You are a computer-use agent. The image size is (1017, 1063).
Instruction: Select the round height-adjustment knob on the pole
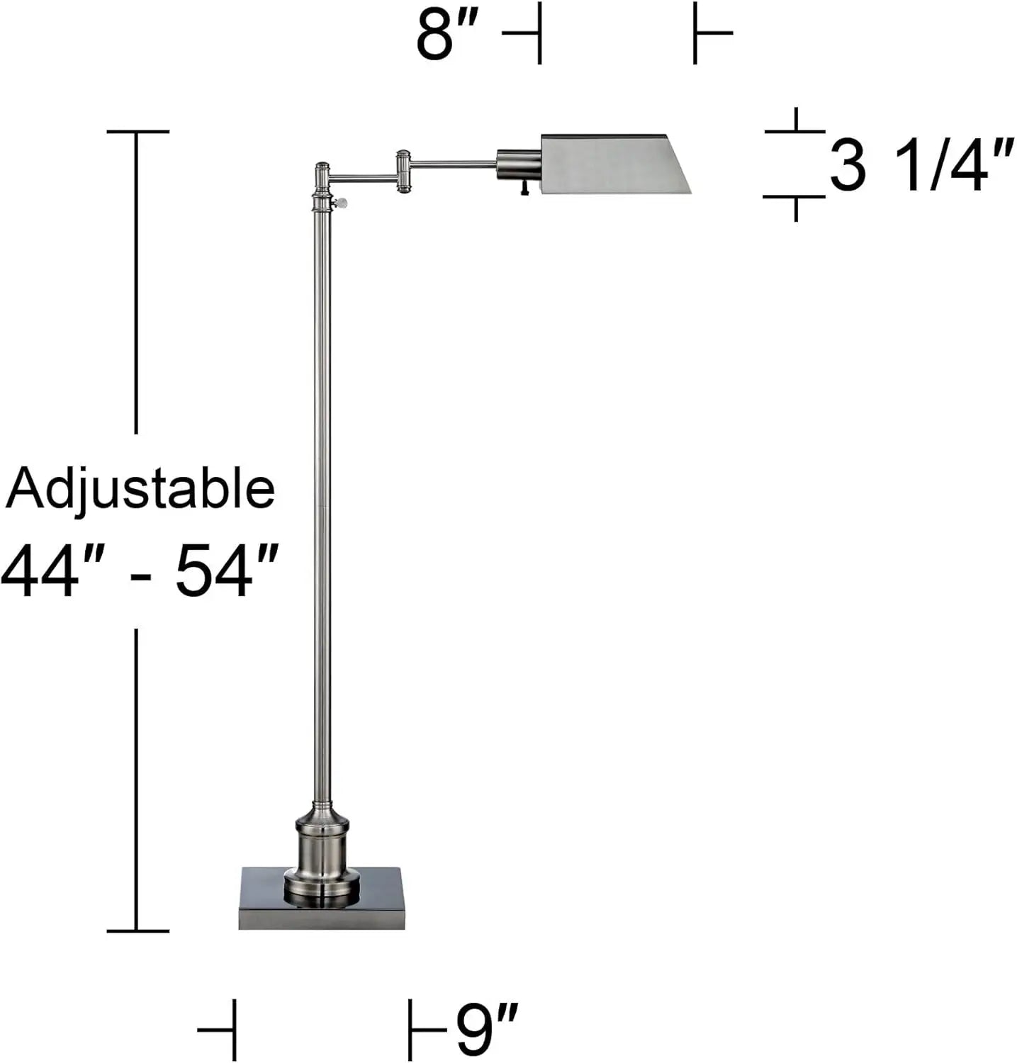point(342,204)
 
